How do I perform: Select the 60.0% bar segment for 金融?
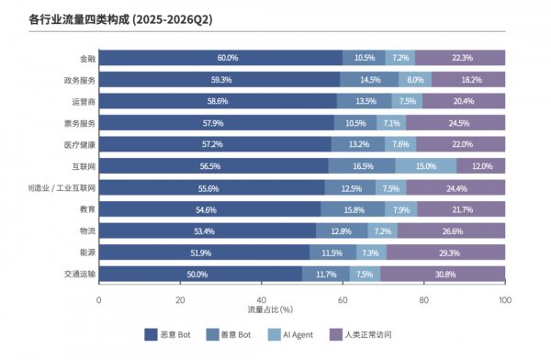(220, 58)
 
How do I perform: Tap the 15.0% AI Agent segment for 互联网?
(426, 166)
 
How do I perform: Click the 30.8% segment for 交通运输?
(443, 274)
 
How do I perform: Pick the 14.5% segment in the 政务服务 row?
(369, 80)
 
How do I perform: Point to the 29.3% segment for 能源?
(446, 253)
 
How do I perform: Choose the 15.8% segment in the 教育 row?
(353, 209)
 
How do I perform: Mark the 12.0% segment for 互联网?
(481, 166)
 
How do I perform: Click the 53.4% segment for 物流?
(208, 231)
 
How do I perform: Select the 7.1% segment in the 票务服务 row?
(391, 123)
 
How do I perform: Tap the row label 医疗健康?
(80, 145)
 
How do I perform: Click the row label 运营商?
(84, 102)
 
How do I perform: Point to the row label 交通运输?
(80, 274)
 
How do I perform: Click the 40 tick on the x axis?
(262, 300)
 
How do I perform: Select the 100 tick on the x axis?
(505, 300)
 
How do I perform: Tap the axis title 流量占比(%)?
(270, 309)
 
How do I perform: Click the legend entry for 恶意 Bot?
(167, 334)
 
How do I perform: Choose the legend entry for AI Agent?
(290, 334)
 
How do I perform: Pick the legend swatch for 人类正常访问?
(336, 334)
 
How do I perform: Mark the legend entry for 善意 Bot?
(229, 334)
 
